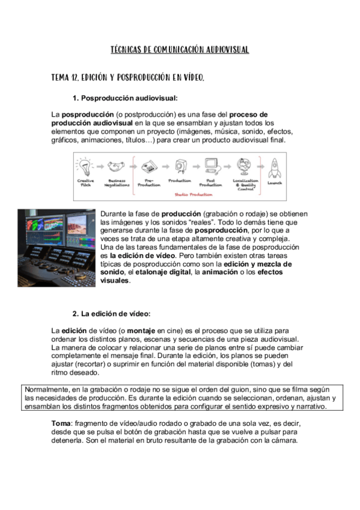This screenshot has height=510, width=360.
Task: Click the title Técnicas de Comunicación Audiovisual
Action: (x=180, y=50)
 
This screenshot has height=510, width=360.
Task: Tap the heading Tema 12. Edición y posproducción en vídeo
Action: (x=127, y=78)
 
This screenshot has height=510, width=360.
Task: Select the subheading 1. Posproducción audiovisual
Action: (x=125, y=98)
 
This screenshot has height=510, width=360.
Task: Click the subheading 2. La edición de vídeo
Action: (x=111, y=314)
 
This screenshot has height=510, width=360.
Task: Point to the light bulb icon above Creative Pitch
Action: (x=85, y=167)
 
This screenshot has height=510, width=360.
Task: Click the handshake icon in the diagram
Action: (x=116, y=167)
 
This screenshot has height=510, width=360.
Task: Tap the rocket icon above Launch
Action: (x=275, y=168)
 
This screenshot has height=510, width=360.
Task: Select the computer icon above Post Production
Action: (x=212, y=167)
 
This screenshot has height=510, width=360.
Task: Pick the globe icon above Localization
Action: (x=243, y=167)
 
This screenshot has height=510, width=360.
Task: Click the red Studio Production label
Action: (x=194, y=194)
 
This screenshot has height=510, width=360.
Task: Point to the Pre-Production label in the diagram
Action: (x=149, y=183)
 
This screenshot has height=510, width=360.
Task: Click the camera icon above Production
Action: (x=181, y=167)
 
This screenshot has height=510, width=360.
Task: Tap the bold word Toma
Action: (x=61, y=423)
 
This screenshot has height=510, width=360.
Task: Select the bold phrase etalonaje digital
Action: (x=163, y=272)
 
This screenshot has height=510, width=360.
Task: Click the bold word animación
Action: (x=220, y=272)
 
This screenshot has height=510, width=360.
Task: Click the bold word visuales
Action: (x=114, y=280)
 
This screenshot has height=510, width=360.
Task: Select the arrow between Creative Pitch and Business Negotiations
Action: (x=100, y=167)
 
